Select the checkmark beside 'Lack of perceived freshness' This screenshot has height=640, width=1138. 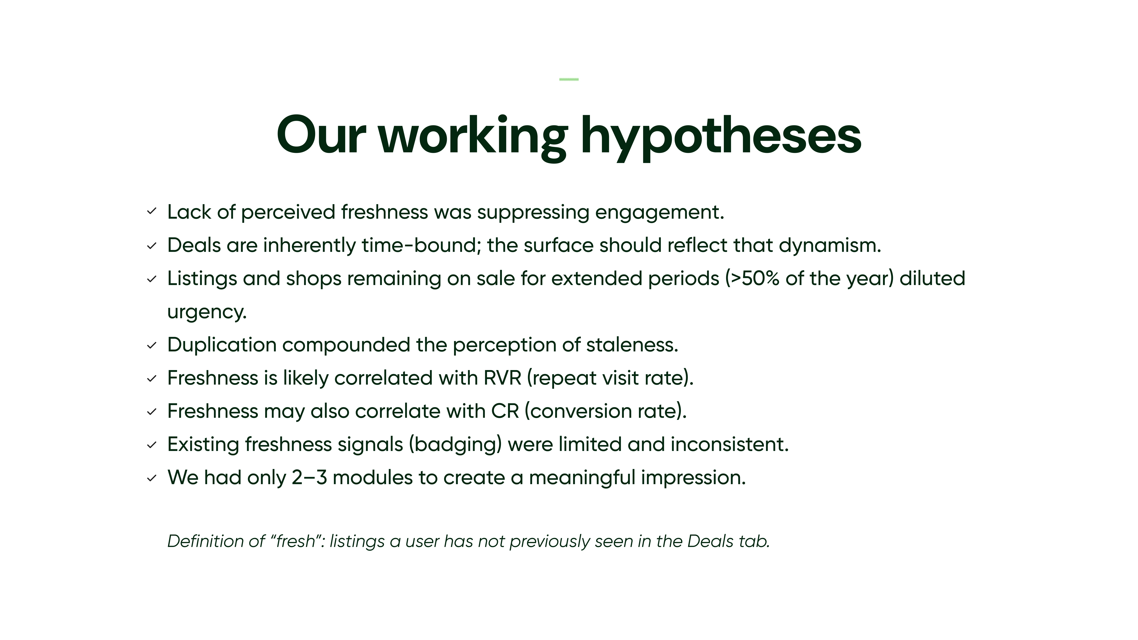152,212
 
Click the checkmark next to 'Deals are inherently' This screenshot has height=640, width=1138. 152,246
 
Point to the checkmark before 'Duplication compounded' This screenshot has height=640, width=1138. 152,345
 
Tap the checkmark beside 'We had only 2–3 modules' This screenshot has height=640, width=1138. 152,478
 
